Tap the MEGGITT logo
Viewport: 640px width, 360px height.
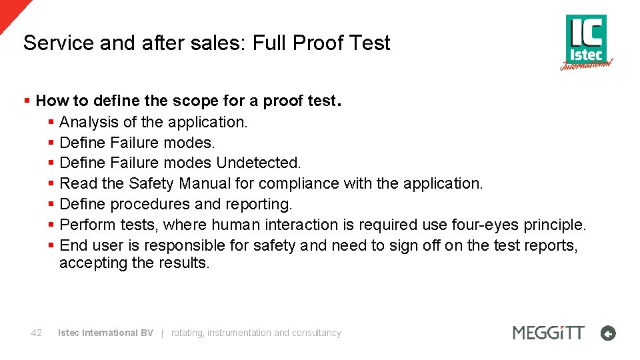tap(548, 332)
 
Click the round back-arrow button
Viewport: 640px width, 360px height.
tap(608, 333)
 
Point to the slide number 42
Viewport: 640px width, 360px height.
tap(37, 333)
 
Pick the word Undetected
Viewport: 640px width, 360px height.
tap(259, 163)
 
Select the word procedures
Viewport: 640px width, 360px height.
tap(149, 204)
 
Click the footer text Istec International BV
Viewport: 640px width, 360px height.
tap(105, 333)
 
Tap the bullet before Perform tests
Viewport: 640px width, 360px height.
tap(51, 225)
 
